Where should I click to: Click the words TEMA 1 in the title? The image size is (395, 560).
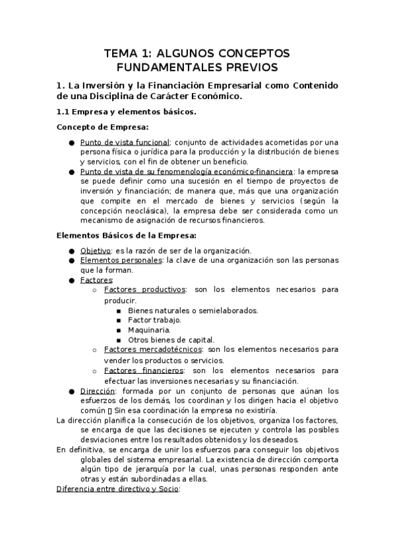pyautogui.click(x=125, y=53)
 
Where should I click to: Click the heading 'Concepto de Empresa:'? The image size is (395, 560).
pyautogui.click(x=103, y=127)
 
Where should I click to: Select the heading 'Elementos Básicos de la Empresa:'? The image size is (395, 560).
pyautogui.click(x=126, y=235)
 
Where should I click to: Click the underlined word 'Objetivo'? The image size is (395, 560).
pyautogui.click(x=95, y=250)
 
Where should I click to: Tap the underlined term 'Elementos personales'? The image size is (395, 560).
pyautogui.click(x=121, y=260)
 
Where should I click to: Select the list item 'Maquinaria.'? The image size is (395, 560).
pyautogui.click(x=149, y=330)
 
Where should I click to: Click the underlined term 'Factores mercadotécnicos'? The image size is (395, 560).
pyautogui.click(x=153, y=349)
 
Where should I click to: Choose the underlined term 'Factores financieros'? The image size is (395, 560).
pyautogui.click(x=144, y=370)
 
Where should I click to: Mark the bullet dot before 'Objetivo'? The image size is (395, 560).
pyautogui.click(x=71, y=251)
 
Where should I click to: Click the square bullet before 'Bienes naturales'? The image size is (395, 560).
pyautogui.click(x=119, y=310)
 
